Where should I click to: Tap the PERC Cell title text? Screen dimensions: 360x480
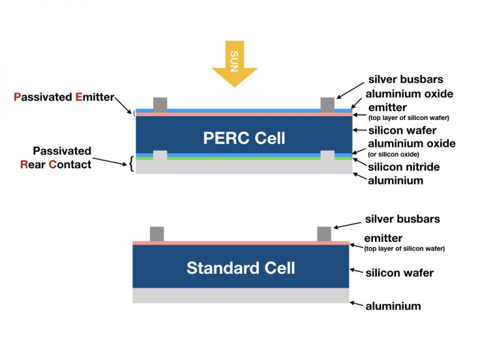(x=244, y=137)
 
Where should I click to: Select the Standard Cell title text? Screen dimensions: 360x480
(x=241, y=268)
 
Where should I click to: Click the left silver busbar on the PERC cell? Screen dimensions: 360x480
(x=161, y=104)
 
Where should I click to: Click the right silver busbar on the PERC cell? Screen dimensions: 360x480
(x=327, y=104)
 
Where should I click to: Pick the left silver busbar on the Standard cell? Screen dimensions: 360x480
(x=157, y=234)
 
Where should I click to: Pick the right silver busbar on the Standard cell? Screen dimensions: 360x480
(x=324, y=234)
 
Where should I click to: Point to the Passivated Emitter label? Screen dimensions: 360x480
(x=64, y=97)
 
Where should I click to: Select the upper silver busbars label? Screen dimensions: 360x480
(x=406, y=79)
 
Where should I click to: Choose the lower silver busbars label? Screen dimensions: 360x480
(x=402, y=219)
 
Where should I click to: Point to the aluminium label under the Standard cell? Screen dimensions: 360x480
(x=393, y=306)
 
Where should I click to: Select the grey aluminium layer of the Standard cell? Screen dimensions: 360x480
(x=241, y=295)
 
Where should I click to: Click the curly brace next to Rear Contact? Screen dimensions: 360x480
(x=131, y=165)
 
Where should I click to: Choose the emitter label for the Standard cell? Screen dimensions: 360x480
(x=383, y=238)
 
